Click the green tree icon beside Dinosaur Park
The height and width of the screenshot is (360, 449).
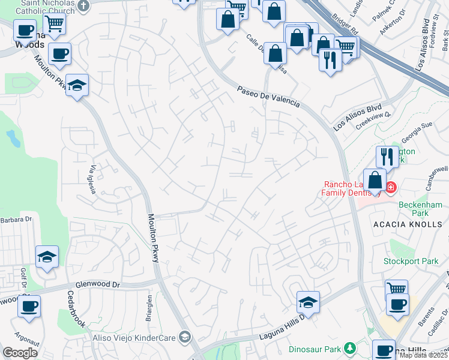pos(349,348)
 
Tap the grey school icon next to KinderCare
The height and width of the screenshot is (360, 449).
pos(184,338)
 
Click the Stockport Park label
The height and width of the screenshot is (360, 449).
pos(411,261)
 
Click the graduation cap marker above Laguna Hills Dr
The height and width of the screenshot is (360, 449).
pos(308,303)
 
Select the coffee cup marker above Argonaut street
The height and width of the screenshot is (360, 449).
pos(29,307)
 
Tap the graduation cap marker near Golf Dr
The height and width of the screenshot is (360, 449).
pos(47,258)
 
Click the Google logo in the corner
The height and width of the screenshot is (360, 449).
pos(20,353)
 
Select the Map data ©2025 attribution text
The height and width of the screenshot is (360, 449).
pos(423,355)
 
